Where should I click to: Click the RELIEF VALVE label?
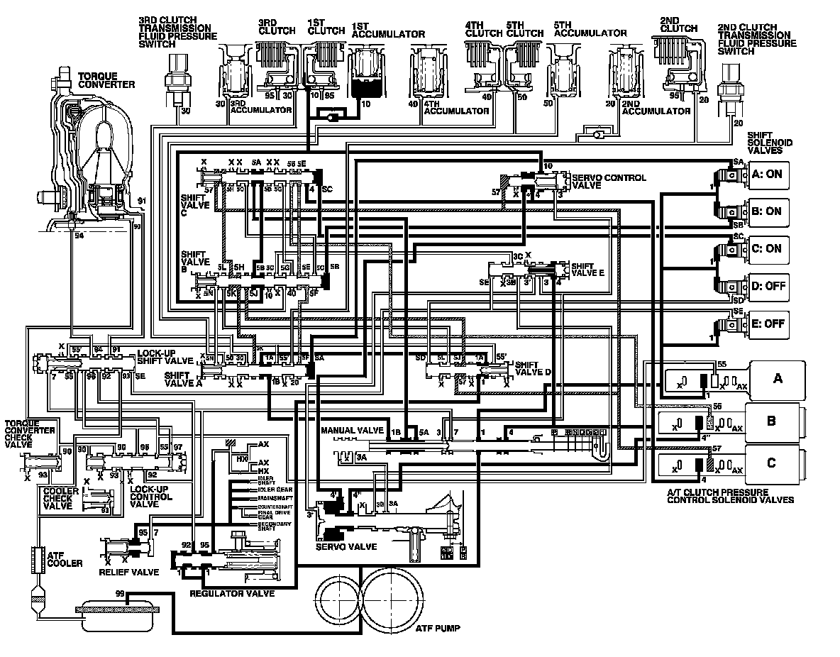click(x=129, y=572)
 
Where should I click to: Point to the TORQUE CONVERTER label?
click(x=106, y=79)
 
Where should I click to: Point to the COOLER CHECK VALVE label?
click(x=57, y=497)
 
